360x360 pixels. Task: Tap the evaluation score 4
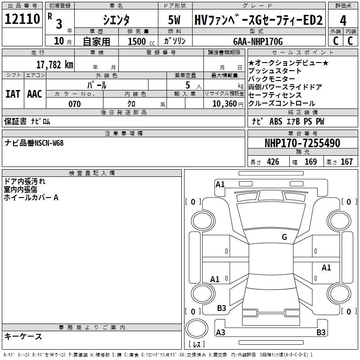[x=343, y=20]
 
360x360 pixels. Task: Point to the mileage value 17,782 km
[x=54, y=65]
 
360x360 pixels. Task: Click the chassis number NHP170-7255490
[x=302, y=143]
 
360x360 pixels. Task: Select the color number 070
[x=74, y=104]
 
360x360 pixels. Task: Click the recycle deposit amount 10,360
[x=223, y=104]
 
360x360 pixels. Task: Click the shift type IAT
[x=13, y=94]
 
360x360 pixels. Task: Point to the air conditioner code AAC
[x=35, y=94]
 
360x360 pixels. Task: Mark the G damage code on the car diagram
[x=284, y=237]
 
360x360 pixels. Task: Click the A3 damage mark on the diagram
[x=220, y=333]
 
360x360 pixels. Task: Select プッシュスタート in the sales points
[x=275, y=71]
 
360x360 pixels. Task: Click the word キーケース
[x=23, y=337]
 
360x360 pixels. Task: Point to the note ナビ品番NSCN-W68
[x=34, y=143]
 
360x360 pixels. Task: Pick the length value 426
[x=273, y=162]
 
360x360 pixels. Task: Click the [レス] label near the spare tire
[x=197, y=345]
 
